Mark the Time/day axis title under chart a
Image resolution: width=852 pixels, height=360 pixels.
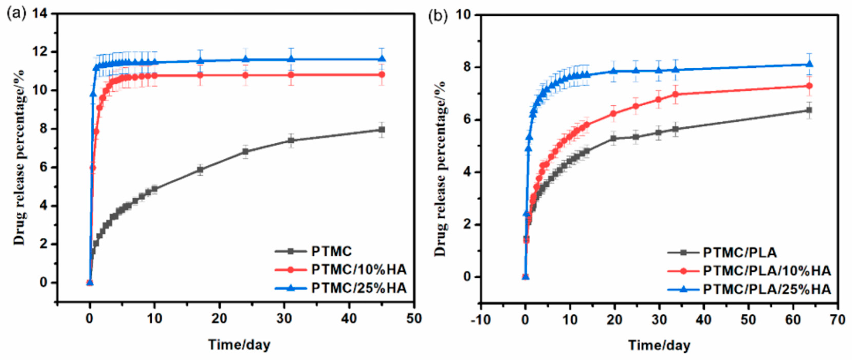239,345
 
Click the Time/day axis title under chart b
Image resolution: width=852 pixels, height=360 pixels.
659,345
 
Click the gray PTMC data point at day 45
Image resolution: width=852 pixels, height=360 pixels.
382,130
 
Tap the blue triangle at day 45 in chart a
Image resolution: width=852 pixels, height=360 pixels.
382,59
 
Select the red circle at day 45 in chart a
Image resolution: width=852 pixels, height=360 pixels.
382,75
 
